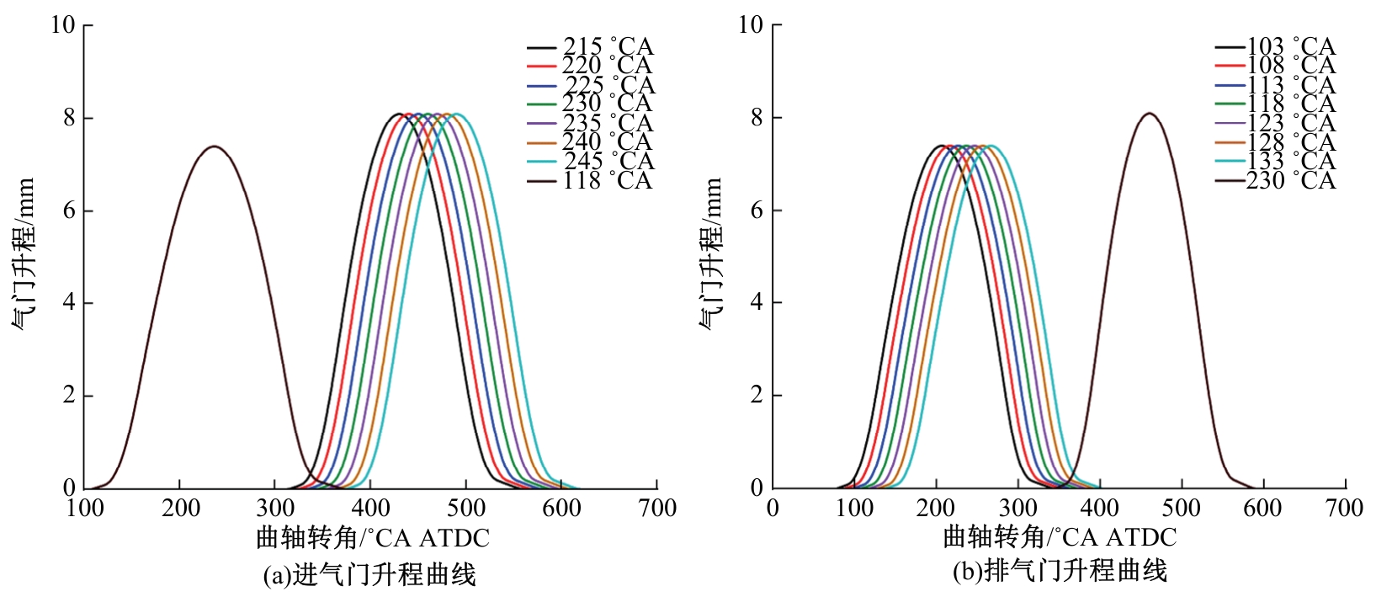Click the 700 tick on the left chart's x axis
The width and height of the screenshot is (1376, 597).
coord(656,508)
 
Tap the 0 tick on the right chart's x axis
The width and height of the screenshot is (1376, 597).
coord(773,508)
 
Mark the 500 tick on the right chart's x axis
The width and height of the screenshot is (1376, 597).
coord(1182,508)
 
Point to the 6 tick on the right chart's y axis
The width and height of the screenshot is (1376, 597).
coord(757,211)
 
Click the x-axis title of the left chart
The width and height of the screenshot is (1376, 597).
coord(373,537)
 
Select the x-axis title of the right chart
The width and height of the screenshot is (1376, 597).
coord(1060,537)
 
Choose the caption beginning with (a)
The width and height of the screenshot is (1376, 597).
coord(369,574)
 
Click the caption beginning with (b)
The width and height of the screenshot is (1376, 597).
coord(1060,572)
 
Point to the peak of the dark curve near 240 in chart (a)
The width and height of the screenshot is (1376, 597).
coord(215,147)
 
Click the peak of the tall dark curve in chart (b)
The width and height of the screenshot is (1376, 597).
coord(1150,113)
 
